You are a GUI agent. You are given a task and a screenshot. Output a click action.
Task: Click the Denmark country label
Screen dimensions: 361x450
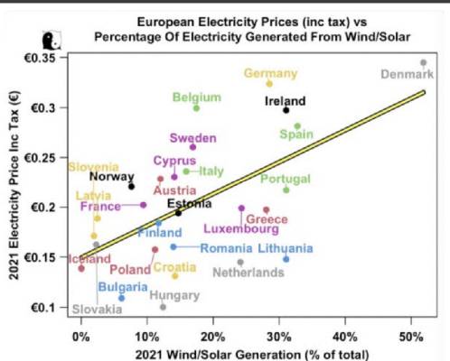click(x=407, y=73)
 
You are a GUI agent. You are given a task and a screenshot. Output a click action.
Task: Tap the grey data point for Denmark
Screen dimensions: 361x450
click(x=423, y=63)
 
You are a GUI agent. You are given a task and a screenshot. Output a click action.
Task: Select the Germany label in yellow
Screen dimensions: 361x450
click(x=270, y=73)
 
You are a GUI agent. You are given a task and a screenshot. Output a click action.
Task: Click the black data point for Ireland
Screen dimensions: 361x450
click(x=286, y=110)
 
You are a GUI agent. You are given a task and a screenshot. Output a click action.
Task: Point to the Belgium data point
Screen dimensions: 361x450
click(x=196, y=107)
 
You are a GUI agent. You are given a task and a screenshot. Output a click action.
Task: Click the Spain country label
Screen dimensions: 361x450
click(x=296, y=134)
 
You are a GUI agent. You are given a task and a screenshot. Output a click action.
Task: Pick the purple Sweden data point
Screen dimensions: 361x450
click(x=192, y=146)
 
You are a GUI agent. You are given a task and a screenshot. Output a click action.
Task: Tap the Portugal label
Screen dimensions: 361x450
click(x=286, y=179)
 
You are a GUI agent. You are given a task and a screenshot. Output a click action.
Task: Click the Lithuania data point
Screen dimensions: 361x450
click(x=286, y=259)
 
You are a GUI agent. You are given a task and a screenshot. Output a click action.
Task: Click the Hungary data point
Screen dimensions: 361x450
click(x=163, y=307)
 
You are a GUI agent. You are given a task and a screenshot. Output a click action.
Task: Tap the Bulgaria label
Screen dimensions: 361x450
click(x=123, y=287)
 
